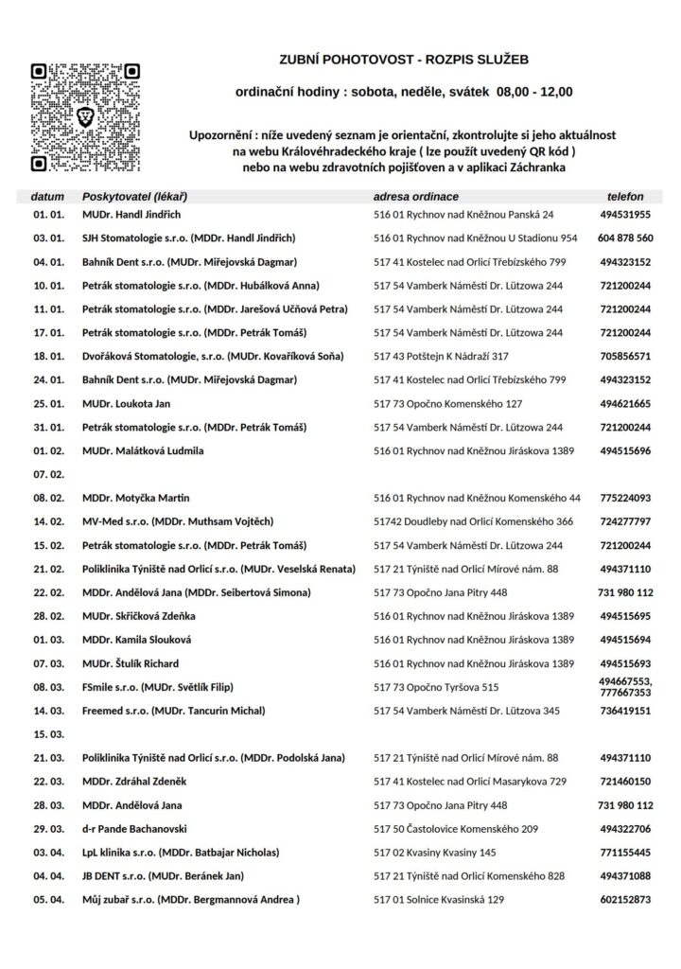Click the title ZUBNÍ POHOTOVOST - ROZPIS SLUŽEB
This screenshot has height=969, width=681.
point(404,60)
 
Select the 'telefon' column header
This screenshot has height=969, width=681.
point(625,196)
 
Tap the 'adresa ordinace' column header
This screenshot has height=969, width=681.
point(416,196)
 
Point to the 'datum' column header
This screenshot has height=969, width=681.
point(48,196)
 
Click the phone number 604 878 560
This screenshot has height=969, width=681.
point(625,238)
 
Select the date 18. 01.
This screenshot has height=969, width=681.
point(48,357)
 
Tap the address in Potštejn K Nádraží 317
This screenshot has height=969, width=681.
point(442,357)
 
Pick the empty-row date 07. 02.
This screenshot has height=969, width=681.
point(48,473)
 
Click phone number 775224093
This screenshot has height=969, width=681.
point(625,498)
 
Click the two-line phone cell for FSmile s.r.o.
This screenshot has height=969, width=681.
point(625,687)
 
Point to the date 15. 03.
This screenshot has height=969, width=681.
point(48,734)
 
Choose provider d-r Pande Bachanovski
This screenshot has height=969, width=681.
point(140,829)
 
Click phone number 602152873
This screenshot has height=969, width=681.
point(625,900)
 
